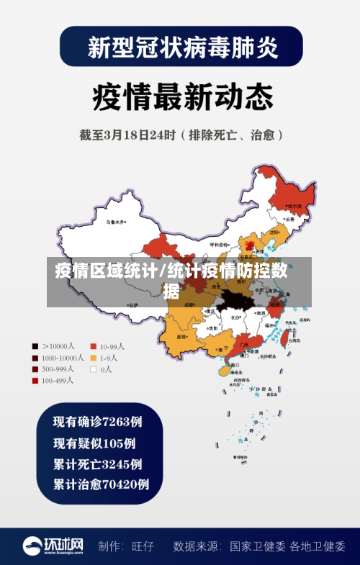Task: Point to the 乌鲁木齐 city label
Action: click(x=115, y=222)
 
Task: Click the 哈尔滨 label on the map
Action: click(x=294, y=206)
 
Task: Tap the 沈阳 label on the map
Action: click(x=274, y=232)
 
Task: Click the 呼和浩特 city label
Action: click(x=219, y=245)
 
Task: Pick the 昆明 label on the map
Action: click(x=181, y=336)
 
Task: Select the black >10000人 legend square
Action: click(x=35, y=345)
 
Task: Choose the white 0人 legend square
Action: click(x=94, y=369)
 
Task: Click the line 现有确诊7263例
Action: click(x=97, y=421)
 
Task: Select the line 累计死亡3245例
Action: click(x=97, y=464)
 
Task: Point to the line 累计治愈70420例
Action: click(x=101, y=484)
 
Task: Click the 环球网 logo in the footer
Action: click(x=53, y=546)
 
